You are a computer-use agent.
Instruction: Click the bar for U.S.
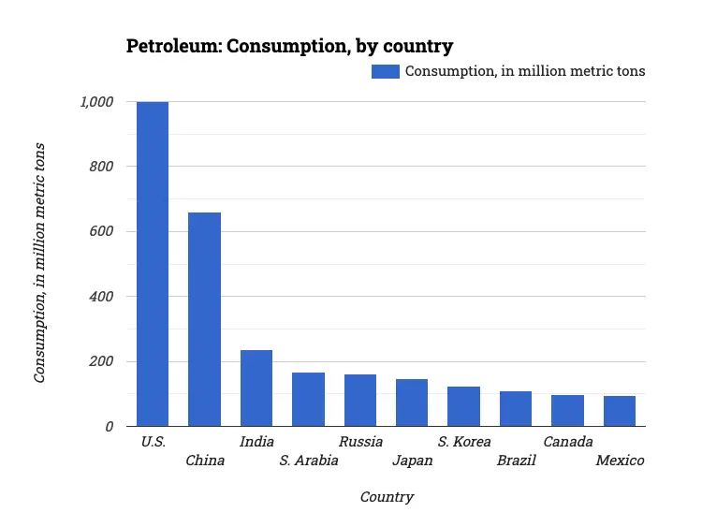point(153,264)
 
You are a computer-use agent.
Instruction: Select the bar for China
point(204,319)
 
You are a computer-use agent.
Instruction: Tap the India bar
point(256,388)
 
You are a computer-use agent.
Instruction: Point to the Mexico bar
point(619,411)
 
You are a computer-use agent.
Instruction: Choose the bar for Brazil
point(516,409)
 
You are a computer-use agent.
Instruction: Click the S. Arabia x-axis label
point(309,461)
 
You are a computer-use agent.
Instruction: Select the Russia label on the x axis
point(360,442)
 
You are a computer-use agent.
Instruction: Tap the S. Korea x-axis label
point(464,442)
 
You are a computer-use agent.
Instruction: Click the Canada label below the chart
point(568,442)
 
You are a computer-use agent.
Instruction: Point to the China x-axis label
point(205,461)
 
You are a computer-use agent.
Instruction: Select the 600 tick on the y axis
point(101,232)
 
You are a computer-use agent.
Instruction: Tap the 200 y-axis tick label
point(101,361)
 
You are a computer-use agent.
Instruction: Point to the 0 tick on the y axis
point(109,427)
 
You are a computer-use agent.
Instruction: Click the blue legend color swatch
point(386,71)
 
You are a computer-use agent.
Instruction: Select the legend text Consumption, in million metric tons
point(524,71)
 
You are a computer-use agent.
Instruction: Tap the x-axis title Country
point(387,497)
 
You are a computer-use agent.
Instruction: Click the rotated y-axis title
point(40,262)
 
